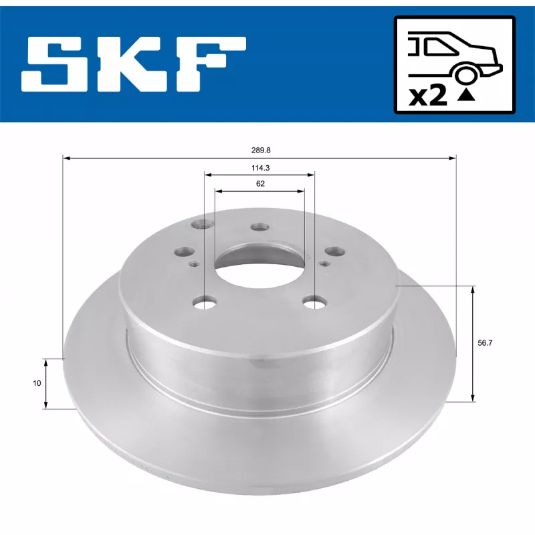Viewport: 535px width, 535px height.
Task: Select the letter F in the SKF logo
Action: coord(210,65)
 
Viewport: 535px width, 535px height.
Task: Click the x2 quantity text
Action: coord(427,96)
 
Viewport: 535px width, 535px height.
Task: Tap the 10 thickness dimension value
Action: coord(37,383)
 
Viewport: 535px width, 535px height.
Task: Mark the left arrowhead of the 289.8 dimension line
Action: coord(66,158)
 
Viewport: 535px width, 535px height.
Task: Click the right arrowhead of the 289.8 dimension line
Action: coord(452,158)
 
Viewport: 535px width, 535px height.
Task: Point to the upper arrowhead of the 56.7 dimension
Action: coord(473,289)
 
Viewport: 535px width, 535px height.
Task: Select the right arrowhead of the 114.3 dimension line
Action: coord(311,175)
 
